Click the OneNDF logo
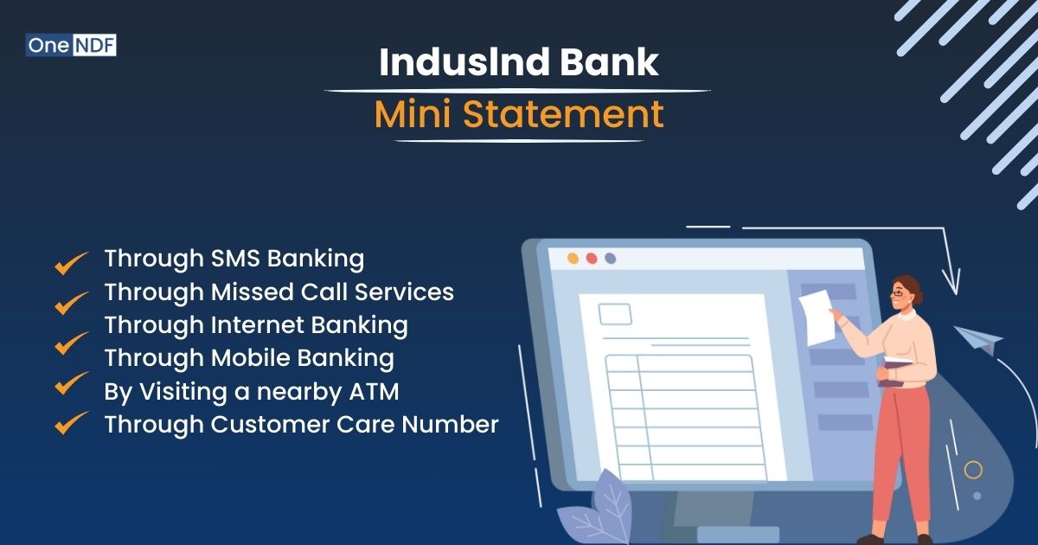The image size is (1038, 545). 71,45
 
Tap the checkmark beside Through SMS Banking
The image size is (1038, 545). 72,262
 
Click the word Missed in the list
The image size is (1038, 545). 253,292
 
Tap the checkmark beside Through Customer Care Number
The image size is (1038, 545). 72,423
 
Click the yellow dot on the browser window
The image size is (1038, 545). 573,258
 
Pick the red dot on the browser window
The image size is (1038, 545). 592,258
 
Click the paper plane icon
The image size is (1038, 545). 978,340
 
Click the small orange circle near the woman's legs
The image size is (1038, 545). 974,470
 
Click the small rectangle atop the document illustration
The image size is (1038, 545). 615,313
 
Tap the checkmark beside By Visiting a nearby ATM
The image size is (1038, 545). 72,383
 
